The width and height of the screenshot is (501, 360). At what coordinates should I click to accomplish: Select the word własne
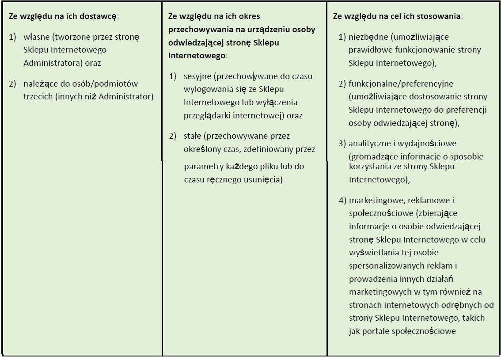[37, 38]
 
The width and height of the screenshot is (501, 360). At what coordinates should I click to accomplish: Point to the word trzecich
[38, 96]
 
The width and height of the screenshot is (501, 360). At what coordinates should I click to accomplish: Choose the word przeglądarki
[206, 116]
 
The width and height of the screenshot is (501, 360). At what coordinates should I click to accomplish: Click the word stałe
[193, 136]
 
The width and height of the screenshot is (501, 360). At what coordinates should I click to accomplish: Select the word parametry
[202, 167]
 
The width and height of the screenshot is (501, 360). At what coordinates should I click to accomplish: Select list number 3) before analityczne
[343, 144]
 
